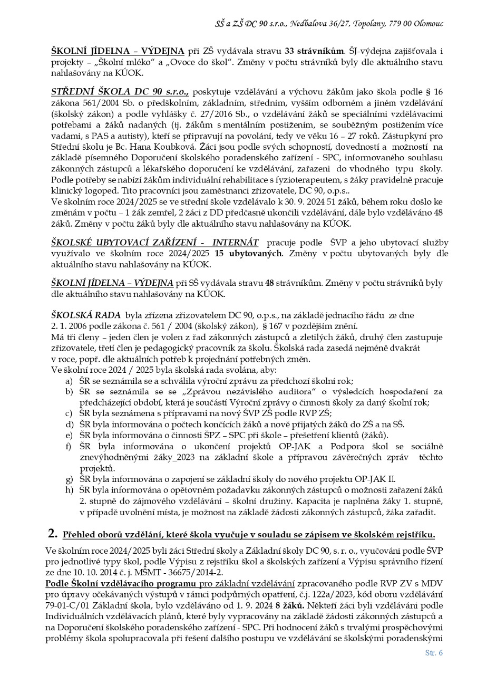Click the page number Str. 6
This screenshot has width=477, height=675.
pyautogui.click(x=434, y=653)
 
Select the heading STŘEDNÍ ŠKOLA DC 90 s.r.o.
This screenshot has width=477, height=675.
pyautogui.click(x=120, y=91)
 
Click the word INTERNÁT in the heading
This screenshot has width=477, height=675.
pyautogui.click(x=236, y=242)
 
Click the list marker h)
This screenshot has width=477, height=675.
pyautogui.click(x=69, y=490)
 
